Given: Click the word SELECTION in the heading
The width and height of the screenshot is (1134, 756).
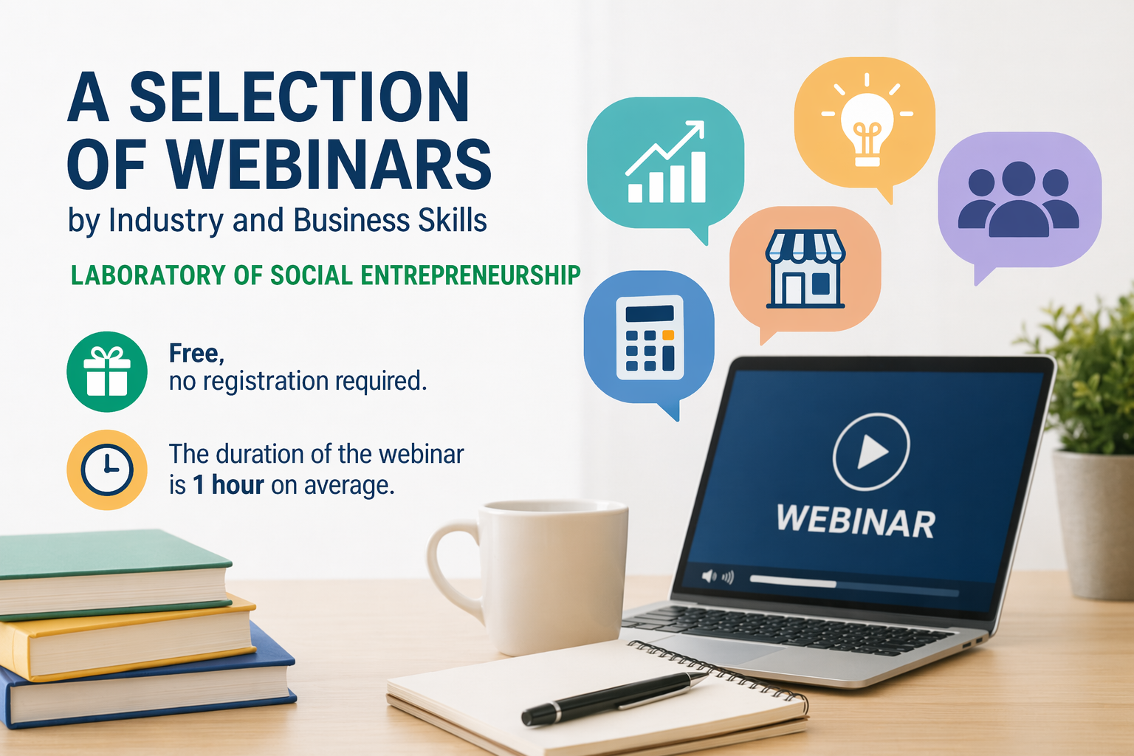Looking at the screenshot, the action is click(299, 97).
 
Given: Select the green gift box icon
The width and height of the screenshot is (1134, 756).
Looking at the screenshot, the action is click(107, 371).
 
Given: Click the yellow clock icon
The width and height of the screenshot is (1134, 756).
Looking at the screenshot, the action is click(107, 470).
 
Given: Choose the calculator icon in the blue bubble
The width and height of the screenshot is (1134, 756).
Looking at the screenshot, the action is click(650, 337).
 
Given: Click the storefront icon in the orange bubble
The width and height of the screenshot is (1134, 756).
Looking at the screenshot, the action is click(805, 269).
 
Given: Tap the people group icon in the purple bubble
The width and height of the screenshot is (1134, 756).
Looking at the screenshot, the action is click(1018, 199).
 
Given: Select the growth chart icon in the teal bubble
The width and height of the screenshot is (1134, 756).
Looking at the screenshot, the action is click(665, 162).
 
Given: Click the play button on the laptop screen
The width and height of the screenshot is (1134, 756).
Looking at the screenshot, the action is click(870, 452).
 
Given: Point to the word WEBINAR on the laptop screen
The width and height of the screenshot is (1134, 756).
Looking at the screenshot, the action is click(856, 521).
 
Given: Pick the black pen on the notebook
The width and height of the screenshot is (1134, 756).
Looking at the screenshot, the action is click(614, 698).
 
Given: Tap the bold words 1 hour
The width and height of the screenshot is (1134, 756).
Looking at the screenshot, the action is click(228, 484).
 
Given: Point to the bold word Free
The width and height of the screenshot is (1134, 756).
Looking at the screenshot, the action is click(196, 353).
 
